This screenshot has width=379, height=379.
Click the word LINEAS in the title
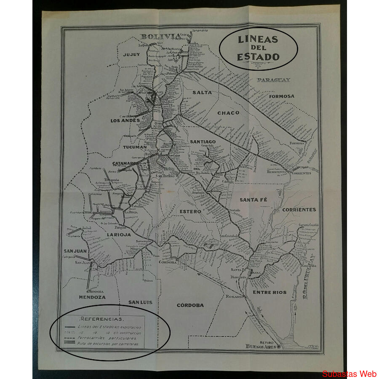point(258,40)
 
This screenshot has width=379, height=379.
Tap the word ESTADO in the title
point(258,57)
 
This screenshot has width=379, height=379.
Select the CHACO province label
point(228,113)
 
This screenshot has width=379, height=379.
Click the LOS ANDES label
point(125,121)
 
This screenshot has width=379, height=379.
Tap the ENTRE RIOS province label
point(270,292)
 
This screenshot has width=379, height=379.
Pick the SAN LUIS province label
point(140,302)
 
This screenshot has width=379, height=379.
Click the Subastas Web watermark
point(349,374)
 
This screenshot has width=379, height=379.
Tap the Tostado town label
point(234,210)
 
